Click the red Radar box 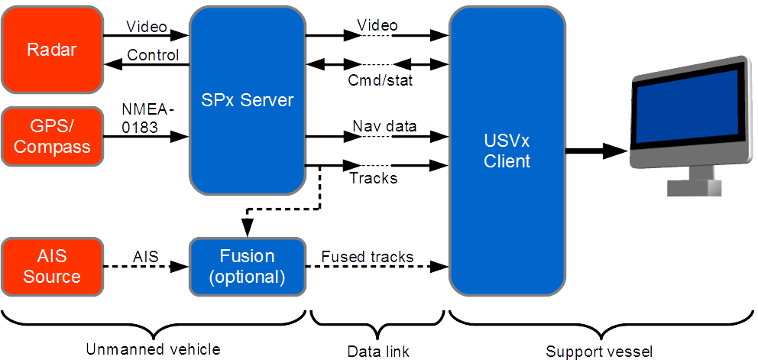[52, 50]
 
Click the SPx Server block [247, 100]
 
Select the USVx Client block [507, 151]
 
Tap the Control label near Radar [153, 55]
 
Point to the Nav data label [384, 126]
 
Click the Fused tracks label [367, 257]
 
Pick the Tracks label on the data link [373, 178]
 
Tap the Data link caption [377, 351]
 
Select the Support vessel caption [600, 351]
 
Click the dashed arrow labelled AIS [149, 267]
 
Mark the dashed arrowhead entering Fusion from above [247, 230]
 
